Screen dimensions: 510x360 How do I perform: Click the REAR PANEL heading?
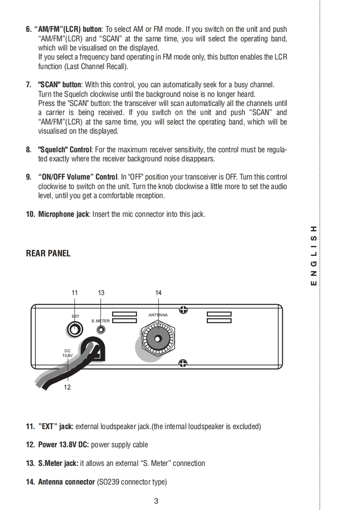coord(48,254)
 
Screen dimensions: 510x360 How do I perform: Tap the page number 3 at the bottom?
coord(156,501)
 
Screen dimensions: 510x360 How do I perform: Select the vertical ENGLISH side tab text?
coord(313,255)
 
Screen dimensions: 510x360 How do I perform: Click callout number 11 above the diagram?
coord(75,293)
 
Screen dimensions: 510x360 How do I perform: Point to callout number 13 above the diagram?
coord(101,293)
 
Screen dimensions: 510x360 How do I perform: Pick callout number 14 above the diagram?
coord(158,293)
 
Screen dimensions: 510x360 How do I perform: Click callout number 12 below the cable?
coord(67,387)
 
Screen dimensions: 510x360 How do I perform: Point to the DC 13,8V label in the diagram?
coord(67,353)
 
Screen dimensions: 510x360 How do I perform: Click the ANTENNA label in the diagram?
coord(158,315)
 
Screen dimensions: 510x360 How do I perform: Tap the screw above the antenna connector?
coord(183,310)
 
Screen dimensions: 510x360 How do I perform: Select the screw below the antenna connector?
coord(183,363)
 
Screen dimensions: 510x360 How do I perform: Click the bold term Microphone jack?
coord(64,214)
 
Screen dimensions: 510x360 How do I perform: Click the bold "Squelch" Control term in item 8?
coord(65,150)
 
